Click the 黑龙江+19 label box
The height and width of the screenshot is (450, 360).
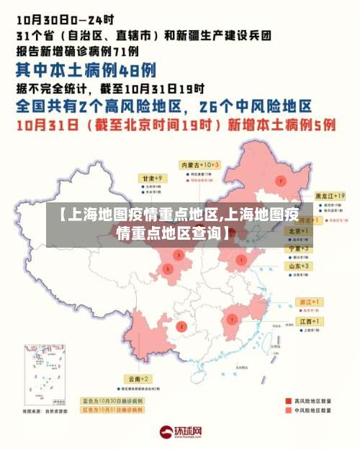coord(330,195)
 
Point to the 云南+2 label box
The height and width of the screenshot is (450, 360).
coord(138,378)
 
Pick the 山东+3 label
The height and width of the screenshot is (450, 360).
coord(300,266)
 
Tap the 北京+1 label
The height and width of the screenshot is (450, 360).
coord(299,230)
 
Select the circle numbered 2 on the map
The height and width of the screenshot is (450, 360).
coord(182,326)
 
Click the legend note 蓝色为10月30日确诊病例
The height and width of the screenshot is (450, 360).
coord(114,399)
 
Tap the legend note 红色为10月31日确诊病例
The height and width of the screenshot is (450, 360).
coord(114,408)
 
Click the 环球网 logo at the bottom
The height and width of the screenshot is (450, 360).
coord(181,433)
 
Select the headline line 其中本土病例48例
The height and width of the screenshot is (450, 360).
coord(86,70)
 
